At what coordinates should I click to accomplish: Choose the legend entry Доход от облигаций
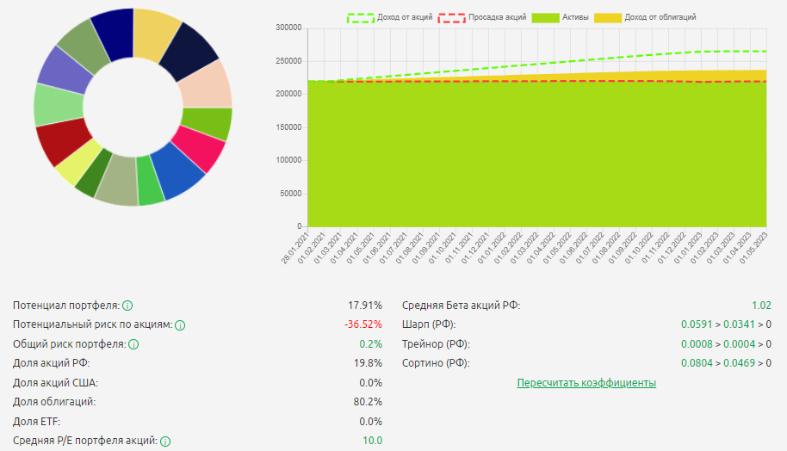[x=660, y=16]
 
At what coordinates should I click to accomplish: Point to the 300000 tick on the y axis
[x=286, y=28]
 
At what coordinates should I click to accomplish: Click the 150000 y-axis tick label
[x=286, y=127]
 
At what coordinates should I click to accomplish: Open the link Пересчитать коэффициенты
[x=586, y=382]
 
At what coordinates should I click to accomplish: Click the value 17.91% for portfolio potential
[x=364, y=306]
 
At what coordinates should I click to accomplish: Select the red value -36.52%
[x=363, y=324]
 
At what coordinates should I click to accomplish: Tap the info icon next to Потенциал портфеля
[x=127, y=306]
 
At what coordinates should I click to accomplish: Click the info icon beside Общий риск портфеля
[x=133, y=344]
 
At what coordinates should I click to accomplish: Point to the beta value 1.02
[x=761, y=306]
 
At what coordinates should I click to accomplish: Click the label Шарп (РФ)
[x=429, y=324]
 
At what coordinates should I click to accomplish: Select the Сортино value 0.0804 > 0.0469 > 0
[x=726, y=363]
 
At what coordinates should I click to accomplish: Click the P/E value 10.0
[x=371, y=441]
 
